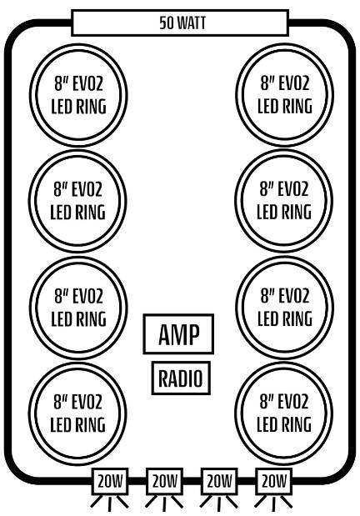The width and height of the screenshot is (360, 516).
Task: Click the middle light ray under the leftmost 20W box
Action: click(110, 504)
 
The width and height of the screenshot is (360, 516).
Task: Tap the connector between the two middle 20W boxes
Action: click(192, 481)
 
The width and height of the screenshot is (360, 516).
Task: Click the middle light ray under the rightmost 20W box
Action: click(273, 504)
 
